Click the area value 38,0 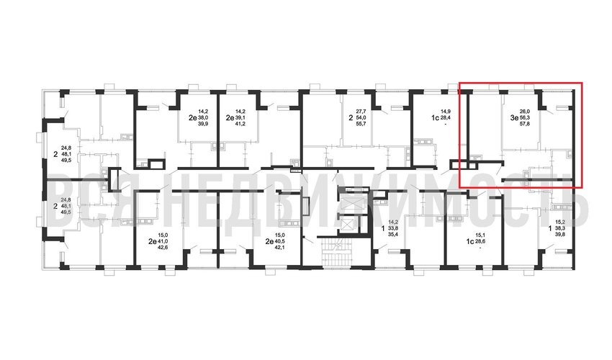coord(202,117)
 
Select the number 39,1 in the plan coord(240,117)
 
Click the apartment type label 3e coord(514,117)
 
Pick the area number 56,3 coord(525,117)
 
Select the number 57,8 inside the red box coord(525,123)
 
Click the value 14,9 coord(446,112)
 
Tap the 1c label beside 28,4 coord(435,117)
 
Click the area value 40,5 coord(279,241)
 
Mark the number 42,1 coord(279,247)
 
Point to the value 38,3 coord(560,229)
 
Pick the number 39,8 coord(560,235)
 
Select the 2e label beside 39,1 coord(229,117)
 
